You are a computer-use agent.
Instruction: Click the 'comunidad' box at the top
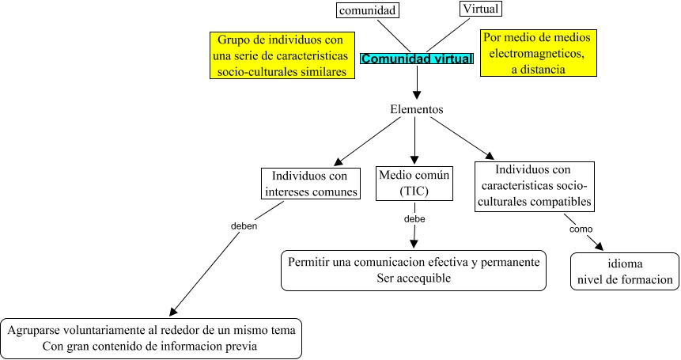[367, 10]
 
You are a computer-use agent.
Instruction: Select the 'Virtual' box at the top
[481, 9]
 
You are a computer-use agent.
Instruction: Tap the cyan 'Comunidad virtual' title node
[417, 59]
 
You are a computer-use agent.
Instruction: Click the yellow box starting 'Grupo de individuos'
[282, 55]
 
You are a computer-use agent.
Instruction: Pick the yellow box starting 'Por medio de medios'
[538, 53]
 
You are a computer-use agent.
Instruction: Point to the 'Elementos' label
[417, 109]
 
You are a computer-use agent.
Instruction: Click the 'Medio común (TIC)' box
[414, 182]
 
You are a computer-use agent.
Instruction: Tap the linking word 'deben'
[244, 225]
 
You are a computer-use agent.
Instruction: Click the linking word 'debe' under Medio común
[414, 218]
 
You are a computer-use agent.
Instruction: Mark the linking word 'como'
[581, 229]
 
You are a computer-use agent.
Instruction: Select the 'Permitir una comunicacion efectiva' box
[414, 270]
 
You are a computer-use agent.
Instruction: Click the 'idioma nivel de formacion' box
[625, 271]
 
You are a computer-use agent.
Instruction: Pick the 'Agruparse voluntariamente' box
[152, 338]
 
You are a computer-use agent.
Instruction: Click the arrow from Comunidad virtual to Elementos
[417, 82]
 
